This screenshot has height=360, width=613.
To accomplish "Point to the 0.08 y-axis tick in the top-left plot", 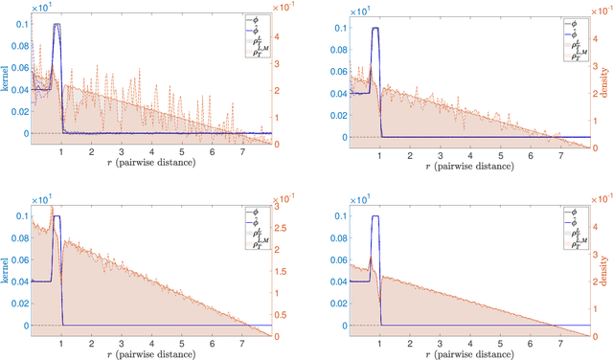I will [19, 46].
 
